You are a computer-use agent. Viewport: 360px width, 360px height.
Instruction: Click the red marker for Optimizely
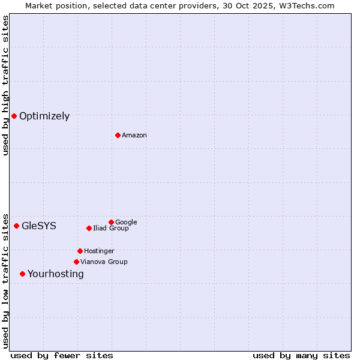(x=14, y=116)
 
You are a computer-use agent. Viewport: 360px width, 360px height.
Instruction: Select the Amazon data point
(x=118, y=135)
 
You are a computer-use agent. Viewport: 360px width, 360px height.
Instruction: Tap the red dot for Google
(x=111, y=222)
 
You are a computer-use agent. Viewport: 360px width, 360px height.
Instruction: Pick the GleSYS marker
(x=16, y=226)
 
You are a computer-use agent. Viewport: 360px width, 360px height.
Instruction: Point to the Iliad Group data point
(x=89, y=228)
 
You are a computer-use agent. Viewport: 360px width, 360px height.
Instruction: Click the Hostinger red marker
(x=80, y=251)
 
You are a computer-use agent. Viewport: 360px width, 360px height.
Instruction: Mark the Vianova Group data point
(x=76, y=262)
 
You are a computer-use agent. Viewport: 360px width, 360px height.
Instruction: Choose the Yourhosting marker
(x=22, y=274)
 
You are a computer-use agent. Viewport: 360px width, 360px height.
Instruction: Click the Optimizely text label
(x=44, y=116)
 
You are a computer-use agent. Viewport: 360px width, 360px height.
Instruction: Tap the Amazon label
(x=134, y=136)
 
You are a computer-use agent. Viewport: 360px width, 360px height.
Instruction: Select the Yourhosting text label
(x=56, y=274)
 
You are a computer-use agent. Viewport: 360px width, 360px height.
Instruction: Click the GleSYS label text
(x=39, y=226)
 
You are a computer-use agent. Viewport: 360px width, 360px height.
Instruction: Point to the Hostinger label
(x=99, y=251)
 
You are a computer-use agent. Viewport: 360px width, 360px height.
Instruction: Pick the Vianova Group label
(x=104, y=262)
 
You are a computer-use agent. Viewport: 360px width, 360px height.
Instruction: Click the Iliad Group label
(x=111, y=229)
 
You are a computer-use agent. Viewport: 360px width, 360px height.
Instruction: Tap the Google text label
(x=126, y=223)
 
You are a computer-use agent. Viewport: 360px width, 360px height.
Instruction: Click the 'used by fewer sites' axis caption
(x=62, y=355)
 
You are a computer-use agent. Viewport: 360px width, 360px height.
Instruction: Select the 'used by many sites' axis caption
(x=301, y=355)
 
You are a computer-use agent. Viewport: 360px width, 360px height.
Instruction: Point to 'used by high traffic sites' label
(x=5, y=85)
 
